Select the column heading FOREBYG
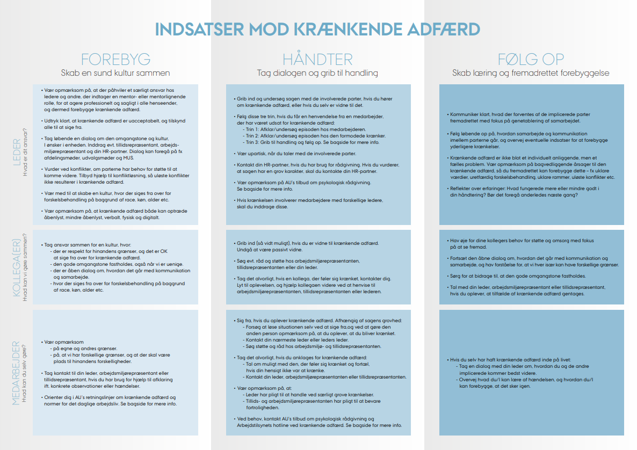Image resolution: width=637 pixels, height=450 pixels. [x=115, y=59]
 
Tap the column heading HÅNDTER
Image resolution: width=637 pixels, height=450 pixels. [x=317, y=59]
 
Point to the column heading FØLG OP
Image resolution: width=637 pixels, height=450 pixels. [x=531, y=59]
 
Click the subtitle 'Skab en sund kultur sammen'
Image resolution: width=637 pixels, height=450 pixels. [x=115, y=73]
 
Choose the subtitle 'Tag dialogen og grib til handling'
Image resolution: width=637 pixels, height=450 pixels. [x=317, y=73]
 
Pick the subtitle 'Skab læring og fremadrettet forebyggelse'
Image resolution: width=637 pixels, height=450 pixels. [x=531, y=73]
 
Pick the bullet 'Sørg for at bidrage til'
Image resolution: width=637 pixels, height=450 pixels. [x=511, y=275]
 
